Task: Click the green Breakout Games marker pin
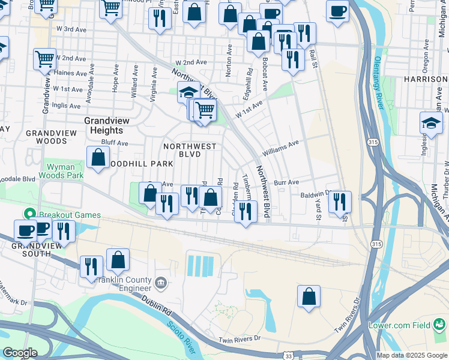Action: pos(28,214)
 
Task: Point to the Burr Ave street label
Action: pos(286,182)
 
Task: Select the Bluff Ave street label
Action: pos(114,143)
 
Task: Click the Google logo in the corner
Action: pos(19,352)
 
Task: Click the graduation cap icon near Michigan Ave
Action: pos(431,123)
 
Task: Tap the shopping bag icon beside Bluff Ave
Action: pos(98,158)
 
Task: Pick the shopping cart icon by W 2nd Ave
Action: pos(45,59)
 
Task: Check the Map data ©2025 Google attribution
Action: pos(411,355)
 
